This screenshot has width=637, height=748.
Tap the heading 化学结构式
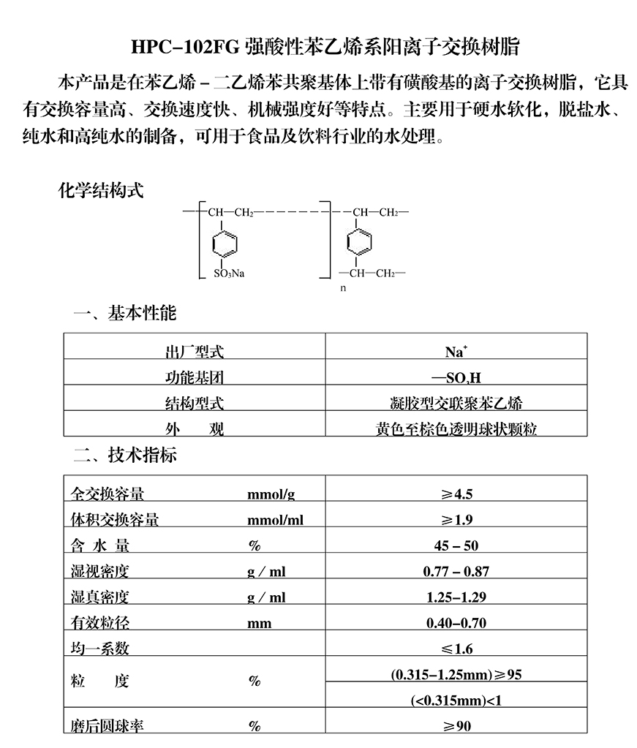tap(100, 192)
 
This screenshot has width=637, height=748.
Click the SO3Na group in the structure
tap(229, 274)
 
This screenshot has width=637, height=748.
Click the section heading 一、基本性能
tap(124, 314)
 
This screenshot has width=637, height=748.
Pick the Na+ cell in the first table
tap(456, 352)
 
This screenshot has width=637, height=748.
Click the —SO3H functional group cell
tap(456, 378)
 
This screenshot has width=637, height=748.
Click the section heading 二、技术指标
tap(124, 456)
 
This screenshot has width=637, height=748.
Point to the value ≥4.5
tap(456, 494)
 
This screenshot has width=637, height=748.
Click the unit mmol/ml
tap(275, 521)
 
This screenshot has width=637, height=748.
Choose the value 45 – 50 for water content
tap(456, 545)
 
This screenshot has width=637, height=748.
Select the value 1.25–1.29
tap(456, 597)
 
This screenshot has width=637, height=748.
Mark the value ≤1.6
tap(456, 649)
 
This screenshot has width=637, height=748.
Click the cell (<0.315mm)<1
tap(456, 700)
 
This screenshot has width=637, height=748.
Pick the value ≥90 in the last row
tap(456, 726)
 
